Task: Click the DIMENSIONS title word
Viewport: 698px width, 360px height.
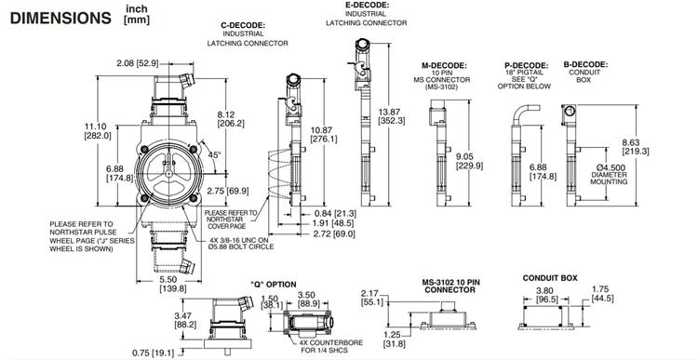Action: [x=57, y=18]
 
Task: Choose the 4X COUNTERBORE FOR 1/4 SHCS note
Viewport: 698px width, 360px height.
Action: [x=329, y=344]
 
